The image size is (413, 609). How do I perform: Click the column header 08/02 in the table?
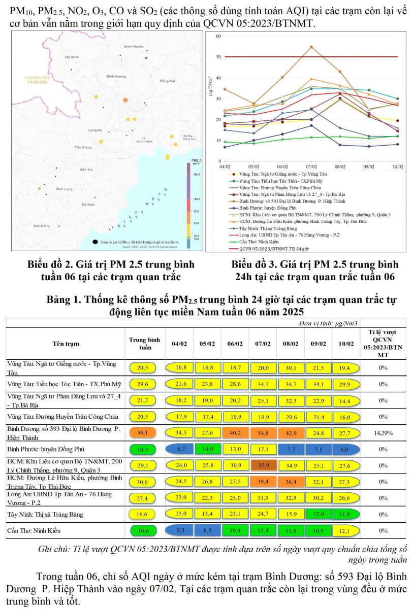point(291,344)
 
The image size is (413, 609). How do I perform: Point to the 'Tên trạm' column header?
point(66,344)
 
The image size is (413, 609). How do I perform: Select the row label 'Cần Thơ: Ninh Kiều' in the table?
point(34,531)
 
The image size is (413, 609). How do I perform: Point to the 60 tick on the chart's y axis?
point(218,36)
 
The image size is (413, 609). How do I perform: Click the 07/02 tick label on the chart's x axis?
point(311,166)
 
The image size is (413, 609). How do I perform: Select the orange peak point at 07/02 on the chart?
point(311,47)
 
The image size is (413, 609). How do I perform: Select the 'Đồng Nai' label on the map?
point(167,81)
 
